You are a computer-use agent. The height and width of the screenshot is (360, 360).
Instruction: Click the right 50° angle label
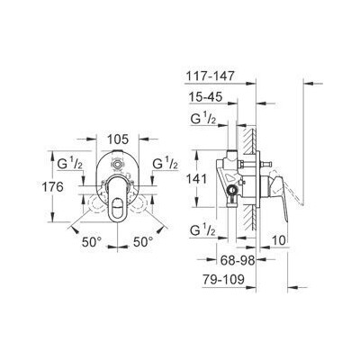pyautogui.click(x=143, y=243)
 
